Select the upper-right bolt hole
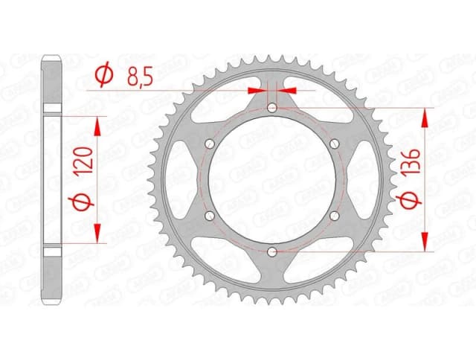point(335,144)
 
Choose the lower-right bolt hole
point(335,216)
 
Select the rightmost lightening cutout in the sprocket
point(360,181)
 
